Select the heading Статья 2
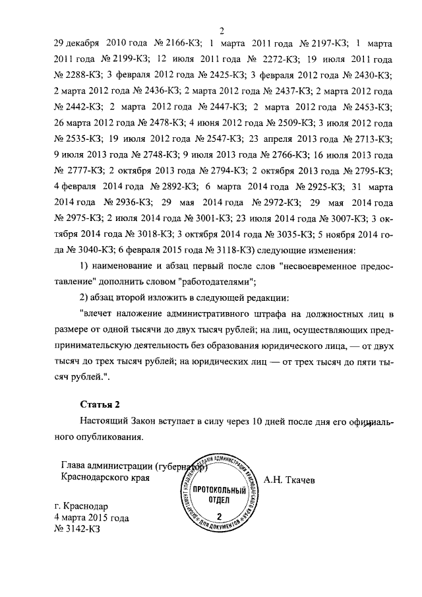[x=101, y=404]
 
